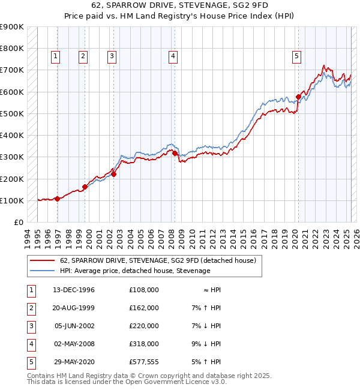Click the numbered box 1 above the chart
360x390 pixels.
point(55,57)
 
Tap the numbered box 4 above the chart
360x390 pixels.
point(173,57)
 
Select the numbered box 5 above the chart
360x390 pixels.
point(297,57)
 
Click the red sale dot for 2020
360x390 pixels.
point(298,96)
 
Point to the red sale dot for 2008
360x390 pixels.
point(175,153)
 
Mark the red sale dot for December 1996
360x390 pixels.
point(58,199)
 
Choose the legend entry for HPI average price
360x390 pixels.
point(135,271)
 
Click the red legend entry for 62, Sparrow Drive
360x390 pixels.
point(158,260)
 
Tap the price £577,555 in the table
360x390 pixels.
point(144,362)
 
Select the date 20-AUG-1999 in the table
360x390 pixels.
point(74,308)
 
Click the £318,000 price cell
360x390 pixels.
point(144,344)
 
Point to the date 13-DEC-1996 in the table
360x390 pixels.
point(74,290)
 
